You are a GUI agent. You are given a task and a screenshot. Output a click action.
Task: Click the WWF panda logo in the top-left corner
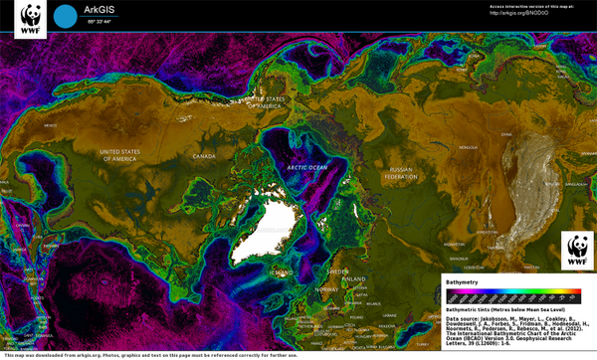pyautogui.click(x=31, y=19)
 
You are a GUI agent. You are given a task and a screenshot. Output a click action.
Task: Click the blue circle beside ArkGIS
pyautogui.click(x=65, y=16)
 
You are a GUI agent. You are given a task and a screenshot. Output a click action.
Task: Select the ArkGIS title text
pyautogui.click(x=99, y=9)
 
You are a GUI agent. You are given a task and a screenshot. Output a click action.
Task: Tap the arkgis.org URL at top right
pyautogui.click(x=518, y=14)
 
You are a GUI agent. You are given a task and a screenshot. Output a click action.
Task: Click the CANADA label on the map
pyautogui.click(x=203, y=156)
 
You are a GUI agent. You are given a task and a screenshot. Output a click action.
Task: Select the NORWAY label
pyautogui.click(x=326, y=288)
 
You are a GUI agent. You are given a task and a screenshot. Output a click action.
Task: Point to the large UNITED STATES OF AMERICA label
pyautogui.click(x=131, y=154)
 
